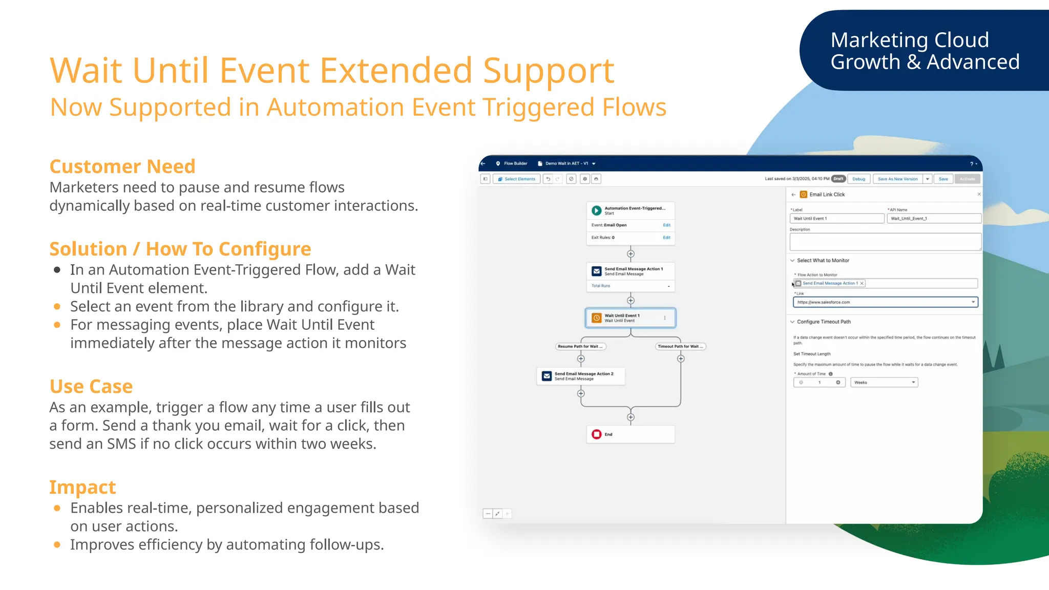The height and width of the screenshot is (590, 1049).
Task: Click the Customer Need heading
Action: click(x=122, y=166)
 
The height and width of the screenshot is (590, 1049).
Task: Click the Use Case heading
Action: click(x=91, y=386)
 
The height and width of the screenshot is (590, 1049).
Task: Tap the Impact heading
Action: click(x=82, y=487)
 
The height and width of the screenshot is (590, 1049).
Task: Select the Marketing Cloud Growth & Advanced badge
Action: click(x=925, y=51)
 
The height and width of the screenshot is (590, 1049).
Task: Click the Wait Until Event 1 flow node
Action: click(x=630, y=318)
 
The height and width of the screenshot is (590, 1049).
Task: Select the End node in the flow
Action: click(x=630, y=434)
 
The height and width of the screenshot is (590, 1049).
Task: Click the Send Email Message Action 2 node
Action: click(x=581, y=376)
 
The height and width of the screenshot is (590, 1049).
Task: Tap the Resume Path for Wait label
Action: click(x=580, y=347)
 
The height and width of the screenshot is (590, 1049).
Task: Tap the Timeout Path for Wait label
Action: click(x=680, y=347)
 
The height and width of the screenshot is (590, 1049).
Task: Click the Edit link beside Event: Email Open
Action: click(x=666, y=225)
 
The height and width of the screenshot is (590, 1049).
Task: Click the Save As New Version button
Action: click(x=897, y=179)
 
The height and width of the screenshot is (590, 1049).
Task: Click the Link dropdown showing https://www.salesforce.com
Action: click(x=885, y=302)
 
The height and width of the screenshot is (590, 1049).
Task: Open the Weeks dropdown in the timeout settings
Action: click(x=884, y=383)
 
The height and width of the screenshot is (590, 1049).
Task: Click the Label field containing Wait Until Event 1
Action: click(x=836, y=219)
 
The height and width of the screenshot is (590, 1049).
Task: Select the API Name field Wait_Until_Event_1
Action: click(x=934, y=219)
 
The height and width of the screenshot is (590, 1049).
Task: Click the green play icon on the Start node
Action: click(x=596, y=210)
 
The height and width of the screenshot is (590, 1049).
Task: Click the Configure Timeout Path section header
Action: click(x=823, y=322)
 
